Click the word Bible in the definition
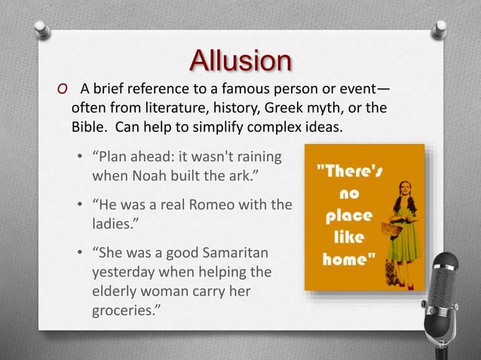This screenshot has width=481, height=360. (x=90, y=124)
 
